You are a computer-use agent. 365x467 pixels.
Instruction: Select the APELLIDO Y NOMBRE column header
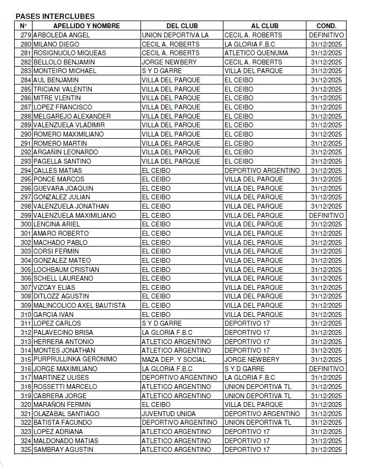click(86, 25)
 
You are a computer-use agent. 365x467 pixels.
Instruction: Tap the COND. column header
click(326, 25)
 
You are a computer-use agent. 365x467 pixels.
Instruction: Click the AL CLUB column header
click(265, 25)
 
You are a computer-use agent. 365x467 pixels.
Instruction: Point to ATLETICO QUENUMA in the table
click(253, 53)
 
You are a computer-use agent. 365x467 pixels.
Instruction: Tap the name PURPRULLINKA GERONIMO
click(75, 359)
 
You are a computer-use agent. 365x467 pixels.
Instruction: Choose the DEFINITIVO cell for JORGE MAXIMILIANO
click(326, 368)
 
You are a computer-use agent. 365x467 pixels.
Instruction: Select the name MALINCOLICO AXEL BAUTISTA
click(79, 305)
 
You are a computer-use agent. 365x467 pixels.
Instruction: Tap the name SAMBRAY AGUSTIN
click(63, 449)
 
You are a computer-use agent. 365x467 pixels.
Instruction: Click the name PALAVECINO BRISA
click(63, 332)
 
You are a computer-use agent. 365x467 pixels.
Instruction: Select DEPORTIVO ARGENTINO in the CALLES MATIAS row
click(262, 170)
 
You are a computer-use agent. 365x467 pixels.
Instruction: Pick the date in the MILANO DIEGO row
click(326, 44)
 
